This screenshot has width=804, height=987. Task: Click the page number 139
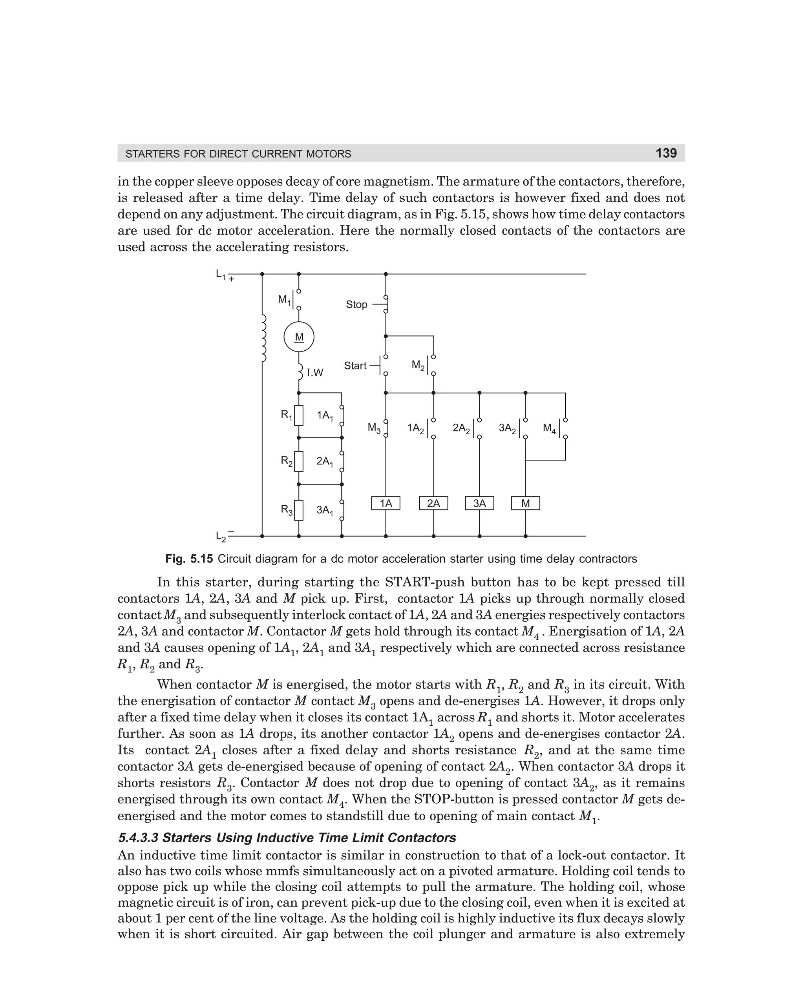click(x=666, y=153)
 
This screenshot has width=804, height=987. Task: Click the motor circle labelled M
click(x=299, y=337)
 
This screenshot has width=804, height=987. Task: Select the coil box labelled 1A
click(x=386, y=503)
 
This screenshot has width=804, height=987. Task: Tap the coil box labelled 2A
click(x=433, y=503)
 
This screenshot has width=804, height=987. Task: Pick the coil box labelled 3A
click(x=479, y=503)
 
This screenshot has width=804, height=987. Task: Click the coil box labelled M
click(x=525, y=503)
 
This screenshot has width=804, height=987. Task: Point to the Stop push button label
click(x=356, y=304)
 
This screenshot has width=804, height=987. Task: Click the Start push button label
click(x=355, y=366)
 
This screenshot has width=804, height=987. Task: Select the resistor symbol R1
click(x=299, y=415)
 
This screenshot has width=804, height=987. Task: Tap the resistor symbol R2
click(x=299, y=461)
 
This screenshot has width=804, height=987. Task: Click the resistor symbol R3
click(x=299, y=510)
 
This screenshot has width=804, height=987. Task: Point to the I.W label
click(x=314, y=373)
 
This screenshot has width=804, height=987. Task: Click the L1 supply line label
click(x=221, y=275)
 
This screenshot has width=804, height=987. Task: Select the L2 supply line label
click(x=221, y=537)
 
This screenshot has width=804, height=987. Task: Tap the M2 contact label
click(x=418, y=366)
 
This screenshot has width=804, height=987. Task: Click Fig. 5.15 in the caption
click(x=189, y=559)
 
